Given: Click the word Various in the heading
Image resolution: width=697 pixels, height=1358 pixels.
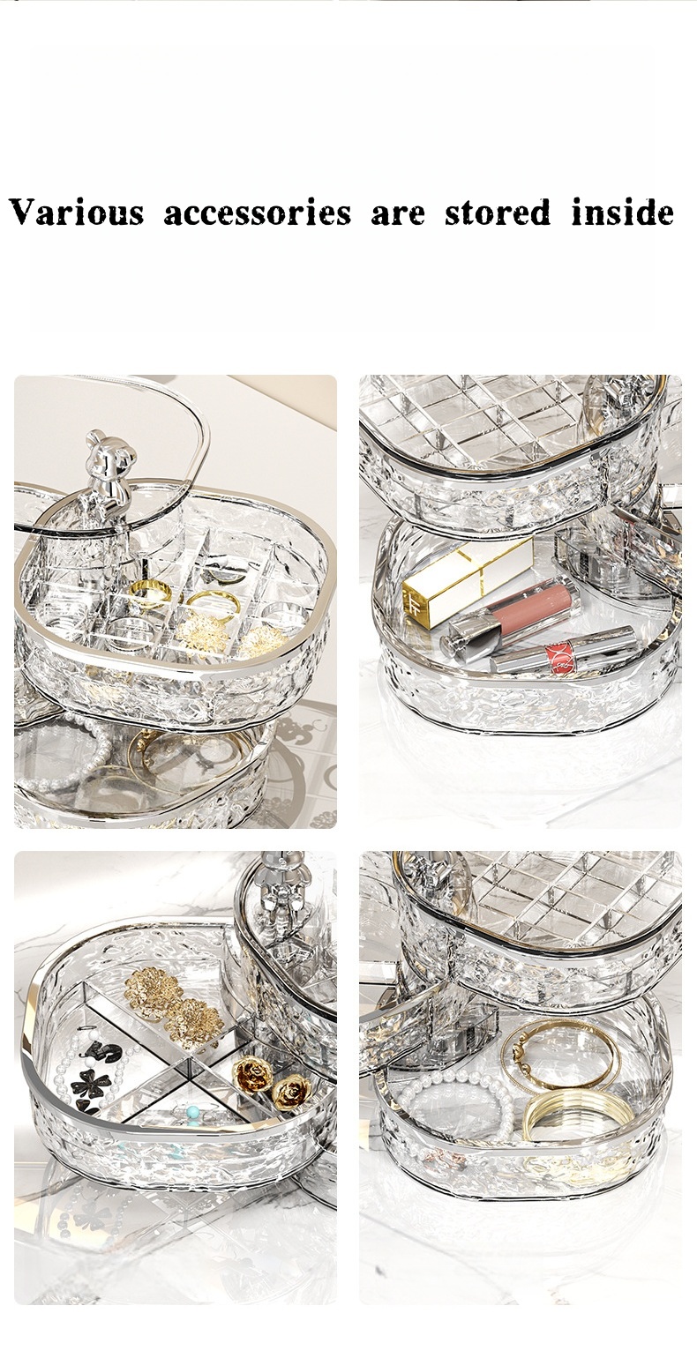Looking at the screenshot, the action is (77, 213).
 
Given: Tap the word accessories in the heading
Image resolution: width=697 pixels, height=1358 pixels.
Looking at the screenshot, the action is (258, 213).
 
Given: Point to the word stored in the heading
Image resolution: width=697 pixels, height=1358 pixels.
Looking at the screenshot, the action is (498, 213).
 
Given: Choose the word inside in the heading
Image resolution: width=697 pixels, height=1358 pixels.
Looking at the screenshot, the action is (622, 213).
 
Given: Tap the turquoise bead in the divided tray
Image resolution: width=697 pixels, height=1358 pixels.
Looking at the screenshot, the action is (193, 1112).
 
